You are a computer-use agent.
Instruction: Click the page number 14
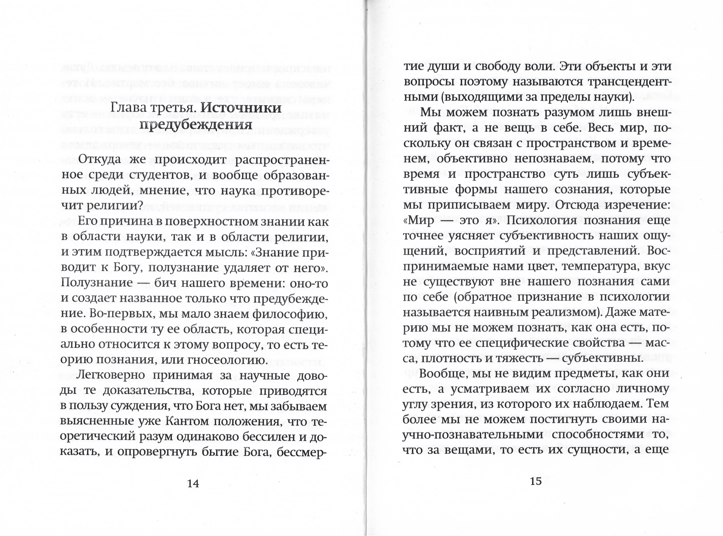tap(193, 483)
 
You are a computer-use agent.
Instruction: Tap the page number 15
tap(536, 481)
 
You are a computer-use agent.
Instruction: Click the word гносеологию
tap(228, 360)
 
